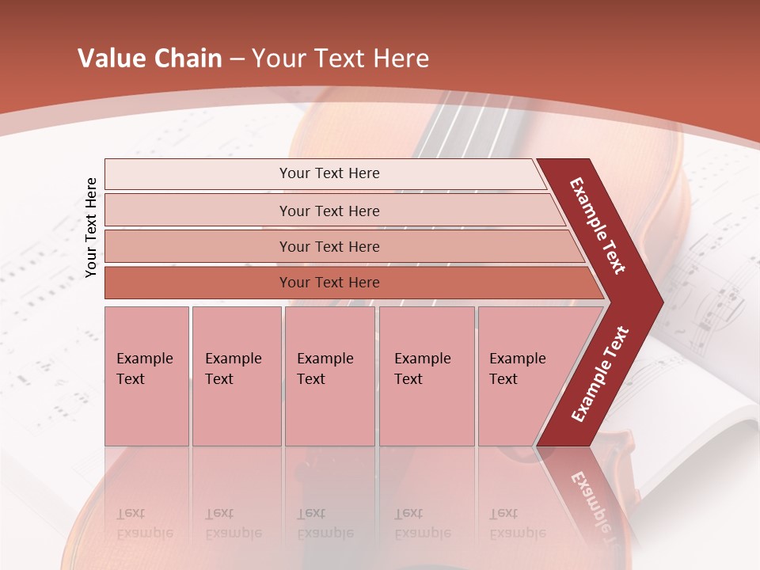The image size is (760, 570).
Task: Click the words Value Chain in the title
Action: pos(150,59)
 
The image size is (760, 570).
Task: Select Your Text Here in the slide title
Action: pos(340,59)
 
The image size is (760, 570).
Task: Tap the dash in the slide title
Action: pos(237,59)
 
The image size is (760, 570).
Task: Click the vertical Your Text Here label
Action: pos(91,227)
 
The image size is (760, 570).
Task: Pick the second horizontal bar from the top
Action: pos(329,211)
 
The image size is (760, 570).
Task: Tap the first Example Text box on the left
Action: pos(146,375)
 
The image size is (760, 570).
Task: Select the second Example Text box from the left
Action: pos(236,375)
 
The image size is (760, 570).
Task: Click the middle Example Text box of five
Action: pos(329,375)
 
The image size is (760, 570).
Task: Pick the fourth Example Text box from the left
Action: pos(426,375)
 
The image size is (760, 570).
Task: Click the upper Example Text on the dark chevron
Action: pos(598,225)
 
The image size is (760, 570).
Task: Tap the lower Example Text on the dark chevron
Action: pos(600,374)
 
